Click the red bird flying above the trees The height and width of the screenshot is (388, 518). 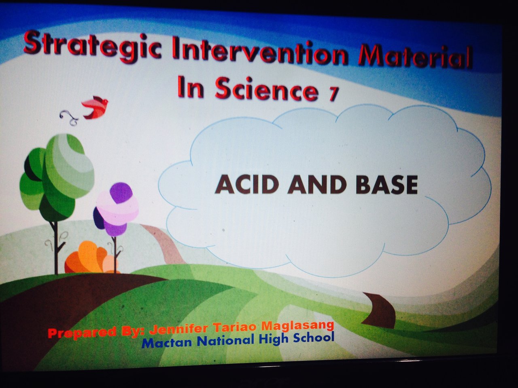[94, 107]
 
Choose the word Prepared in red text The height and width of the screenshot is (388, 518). [82, 333]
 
